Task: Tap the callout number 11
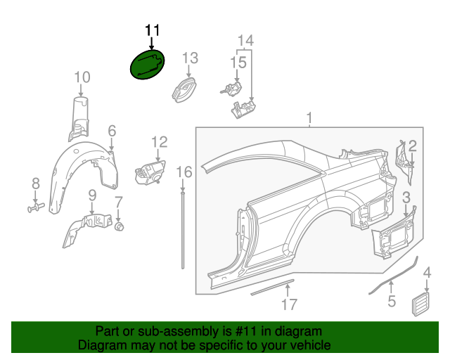pos(152,30)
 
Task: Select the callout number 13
pos(191,57)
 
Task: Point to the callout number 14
pos(244,39)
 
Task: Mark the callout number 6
pos(112,131)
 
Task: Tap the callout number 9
pos(91,194)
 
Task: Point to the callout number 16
pos(184,172)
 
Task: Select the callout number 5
pos(392,302)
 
